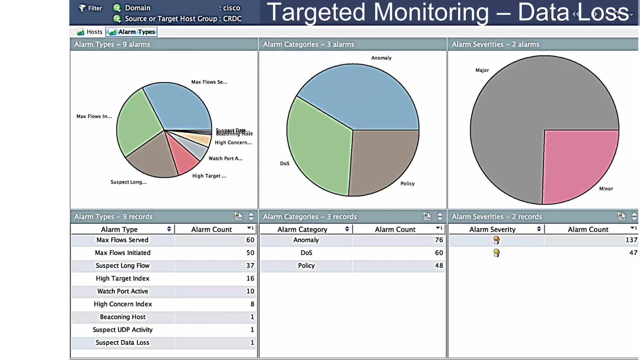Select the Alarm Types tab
(132, 32)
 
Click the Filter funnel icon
(82, 8)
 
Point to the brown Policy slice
(381, 159)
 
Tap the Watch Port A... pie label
(225, 158)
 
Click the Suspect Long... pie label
(128, 182)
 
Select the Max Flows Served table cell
(122, 240)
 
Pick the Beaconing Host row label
(122, 317)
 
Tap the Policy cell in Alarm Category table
(306, 266)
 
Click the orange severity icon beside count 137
(496, 240)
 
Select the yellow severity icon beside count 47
(496, 253)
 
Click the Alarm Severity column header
(492, 229)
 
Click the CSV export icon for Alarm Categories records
(427, 216)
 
